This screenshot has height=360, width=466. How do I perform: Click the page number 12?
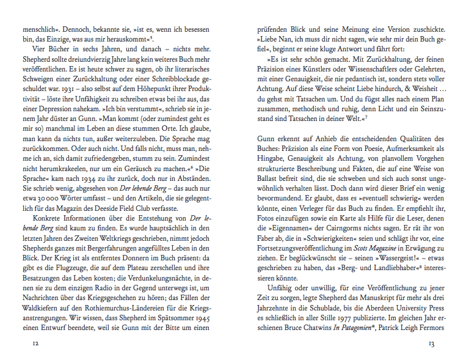point(36,343)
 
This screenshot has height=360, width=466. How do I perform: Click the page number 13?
point(431,343)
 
